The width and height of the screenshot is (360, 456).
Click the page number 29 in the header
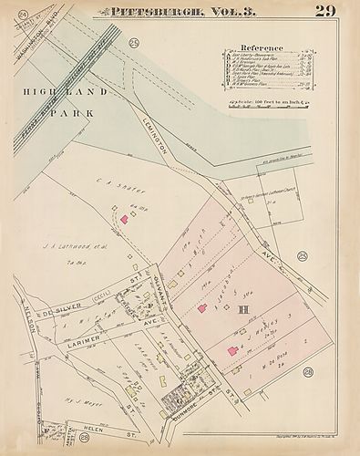324,11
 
